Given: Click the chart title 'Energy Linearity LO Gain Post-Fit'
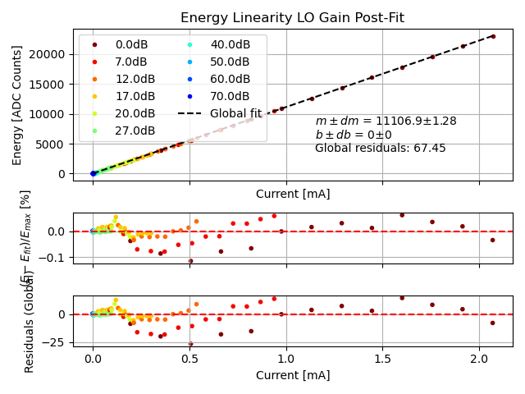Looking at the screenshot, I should (x=292, y=18).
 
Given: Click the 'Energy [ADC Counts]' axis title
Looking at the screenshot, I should (x=17, y=105).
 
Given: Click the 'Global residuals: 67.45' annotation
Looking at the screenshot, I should (x=380, y=149).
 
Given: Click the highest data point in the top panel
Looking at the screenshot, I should (x=493, y=36).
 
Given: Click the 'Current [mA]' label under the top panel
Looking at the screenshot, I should (x=292, y=194).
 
